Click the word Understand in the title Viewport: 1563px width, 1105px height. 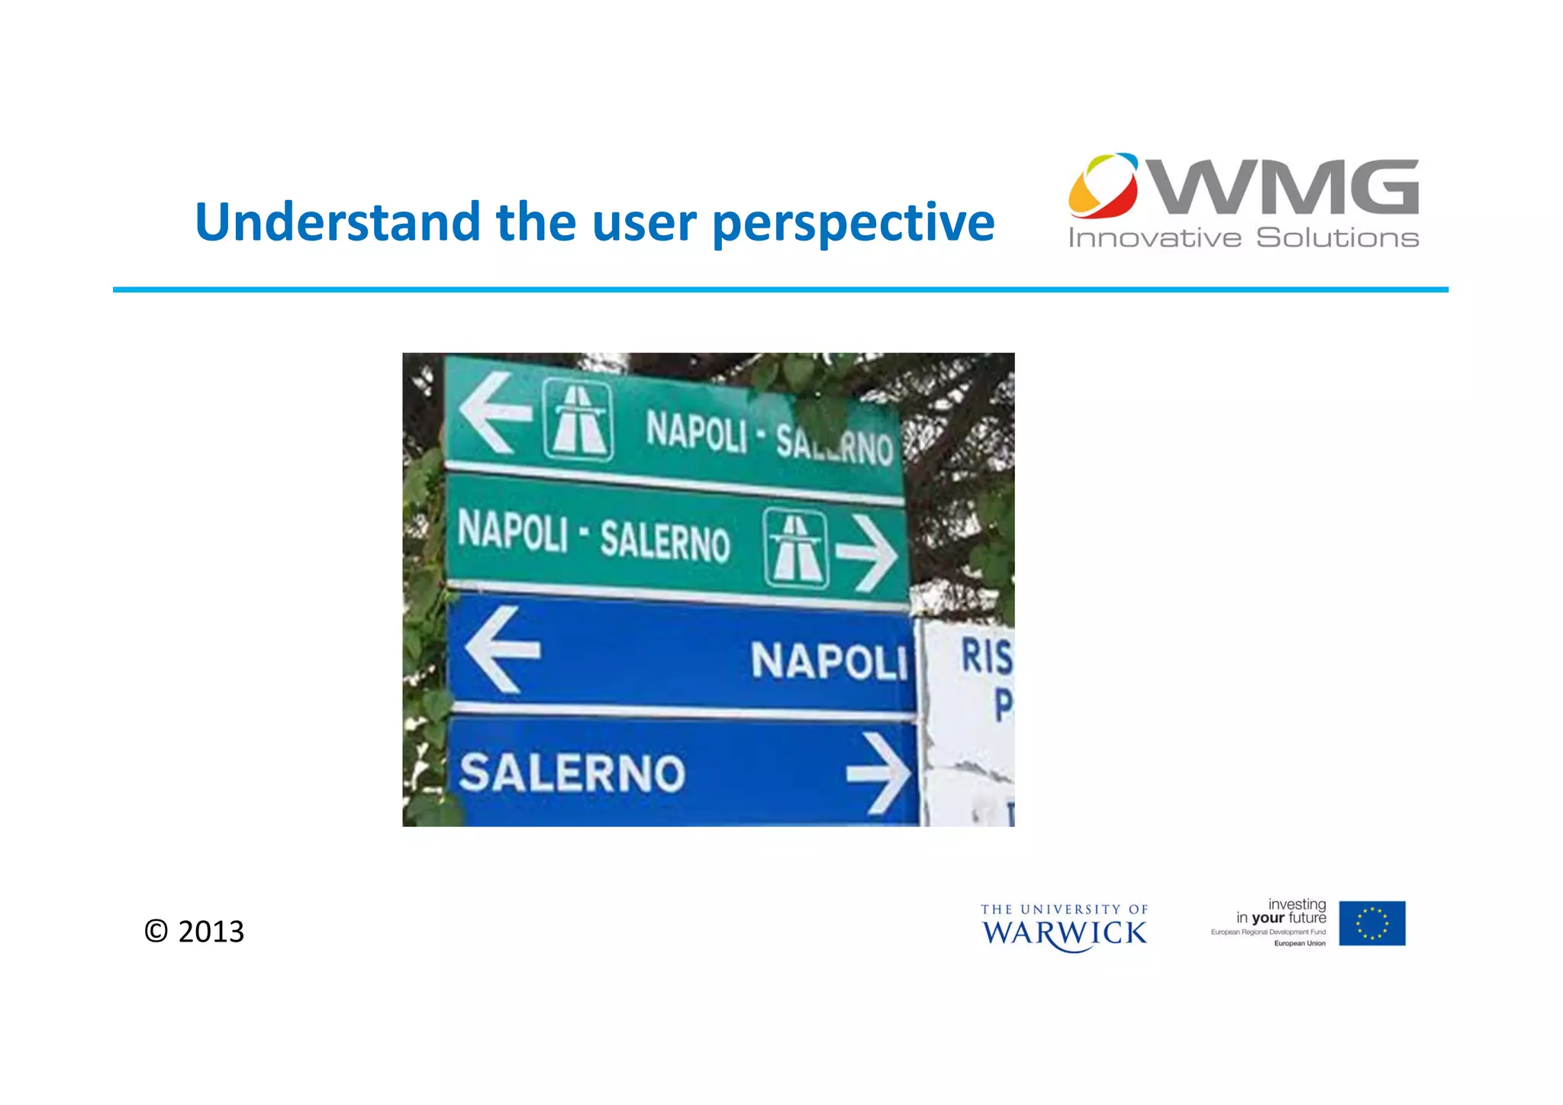pos(337,222)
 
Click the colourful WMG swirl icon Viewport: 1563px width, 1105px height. pos(1103,185)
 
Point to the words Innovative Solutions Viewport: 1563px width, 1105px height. pos(1243,237)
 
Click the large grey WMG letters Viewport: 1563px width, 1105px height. pos(1284,187)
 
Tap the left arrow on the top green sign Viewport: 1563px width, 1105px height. pos(495,412)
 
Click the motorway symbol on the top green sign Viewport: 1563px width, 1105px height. pos(578,419)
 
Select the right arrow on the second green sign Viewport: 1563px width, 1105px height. pos(866,553)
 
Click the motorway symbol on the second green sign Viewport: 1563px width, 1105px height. pos(795,548)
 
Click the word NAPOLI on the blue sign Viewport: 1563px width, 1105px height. pos(829,661)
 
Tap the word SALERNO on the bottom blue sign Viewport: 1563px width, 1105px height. pos(572,772)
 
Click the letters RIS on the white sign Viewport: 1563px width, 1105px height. pos(985,657)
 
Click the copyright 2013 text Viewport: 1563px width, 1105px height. pos(195,932)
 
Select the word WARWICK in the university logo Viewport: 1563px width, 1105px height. pos(1064,933)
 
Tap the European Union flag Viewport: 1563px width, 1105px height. pos(1371,923)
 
